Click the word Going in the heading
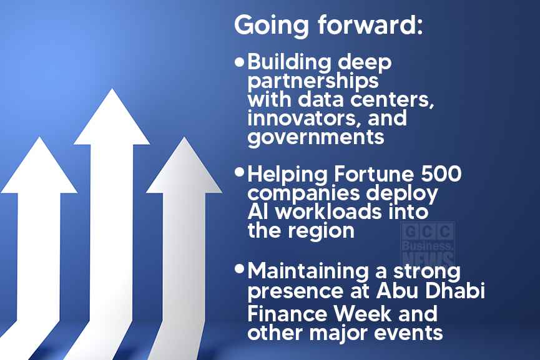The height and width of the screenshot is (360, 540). [271, 26]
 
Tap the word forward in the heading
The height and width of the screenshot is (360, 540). [370, 24]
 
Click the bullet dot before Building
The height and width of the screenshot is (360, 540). [239, 62]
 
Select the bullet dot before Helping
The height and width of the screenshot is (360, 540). [239, 172]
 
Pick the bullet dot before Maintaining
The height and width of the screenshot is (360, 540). [239, 269]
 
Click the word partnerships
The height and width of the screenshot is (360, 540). [313, 81]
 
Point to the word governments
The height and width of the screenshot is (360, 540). [316, 137]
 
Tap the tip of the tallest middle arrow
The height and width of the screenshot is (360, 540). [112, 89]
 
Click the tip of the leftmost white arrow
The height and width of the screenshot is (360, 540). [39, 137]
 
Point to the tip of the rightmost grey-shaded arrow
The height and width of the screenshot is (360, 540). [184, 137]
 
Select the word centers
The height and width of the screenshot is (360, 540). [391, 100]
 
